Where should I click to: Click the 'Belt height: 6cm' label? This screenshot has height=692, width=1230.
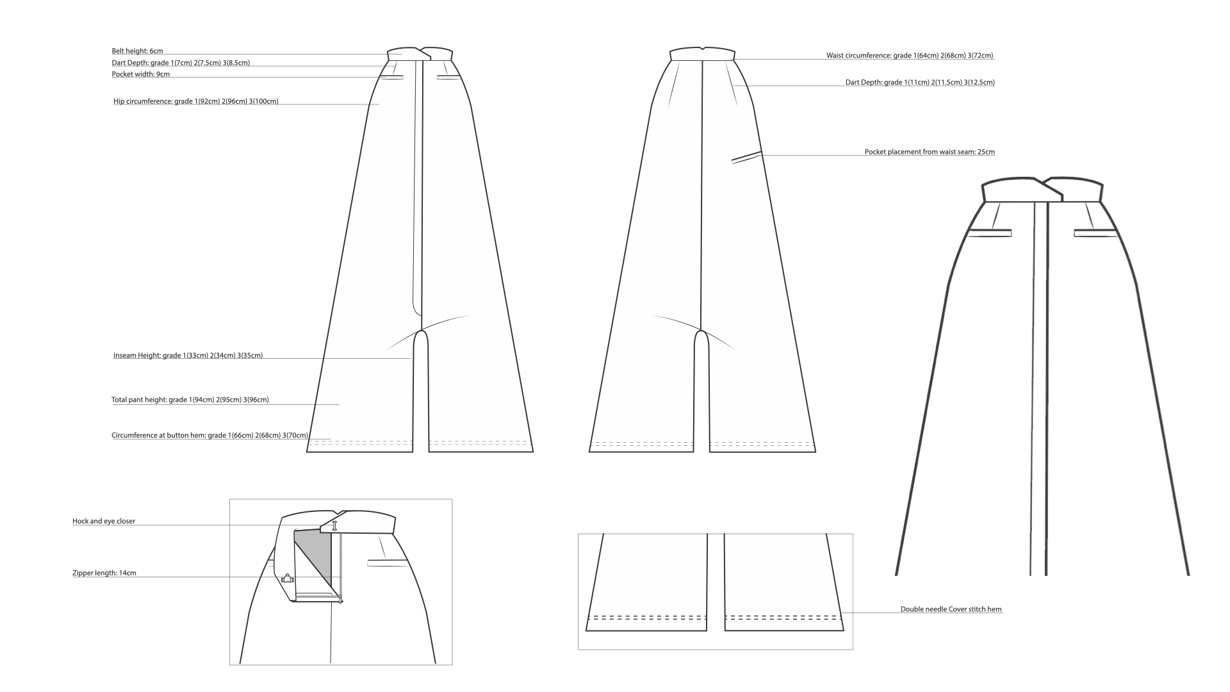(x=137, y=51)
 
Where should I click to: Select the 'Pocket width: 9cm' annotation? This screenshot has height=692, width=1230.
(x=141, y=74)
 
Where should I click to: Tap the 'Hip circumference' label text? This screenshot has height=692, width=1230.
(x=195, y=101)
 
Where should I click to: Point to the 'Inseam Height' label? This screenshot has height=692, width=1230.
(x=188, y=356)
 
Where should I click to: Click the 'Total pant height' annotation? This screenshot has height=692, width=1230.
(x=190, y=400)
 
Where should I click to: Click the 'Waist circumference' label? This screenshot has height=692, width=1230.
(x=910, y=56)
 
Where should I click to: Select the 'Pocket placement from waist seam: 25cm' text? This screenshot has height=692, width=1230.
(x=930, y=152)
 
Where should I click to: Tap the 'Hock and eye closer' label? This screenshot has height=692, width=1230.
(x=104, y=522)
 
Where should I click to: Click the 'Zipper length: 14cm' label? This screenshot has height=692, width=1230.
(x=104, y=573)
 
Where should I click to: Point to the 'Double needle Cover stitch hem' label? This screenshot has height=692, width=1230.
(x=951, y=609)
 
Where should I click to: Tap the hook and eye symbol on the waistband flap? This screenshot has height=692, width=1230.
(x=334, y=526)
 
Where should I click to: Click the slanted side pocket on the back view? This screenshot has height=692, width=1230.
(x=746, y=157)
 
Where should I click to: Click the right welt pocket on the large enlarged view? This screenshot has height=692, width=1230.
(x=1095, y=233)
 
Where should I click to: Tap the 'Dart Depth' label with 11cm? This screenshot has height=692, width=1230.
(x=920, y=83)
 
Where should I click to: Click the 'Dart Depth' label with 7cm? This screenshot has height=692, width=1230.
(x=181, y=63)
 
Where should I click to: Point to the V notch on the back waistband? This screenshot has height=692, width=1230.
(x=703, y=48)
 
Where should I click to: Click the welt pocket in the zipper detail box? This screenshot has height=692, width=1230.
(x=388, y=563)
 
